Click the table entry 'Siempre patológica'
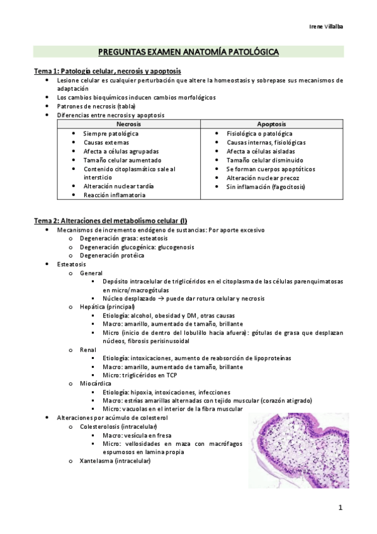pos(111,133)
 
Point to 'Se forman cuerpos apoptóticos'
pos(271,169)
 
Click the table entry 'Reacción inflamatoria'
pos(114,195)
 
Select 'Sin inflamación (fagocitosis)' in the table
pos(266,186)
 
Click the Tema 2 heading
pos(110,220)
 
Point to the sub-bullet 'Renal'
pos(87,349)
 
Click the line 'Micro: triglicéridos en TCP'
pos(140,375)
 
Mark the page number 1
pos(340,508)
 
